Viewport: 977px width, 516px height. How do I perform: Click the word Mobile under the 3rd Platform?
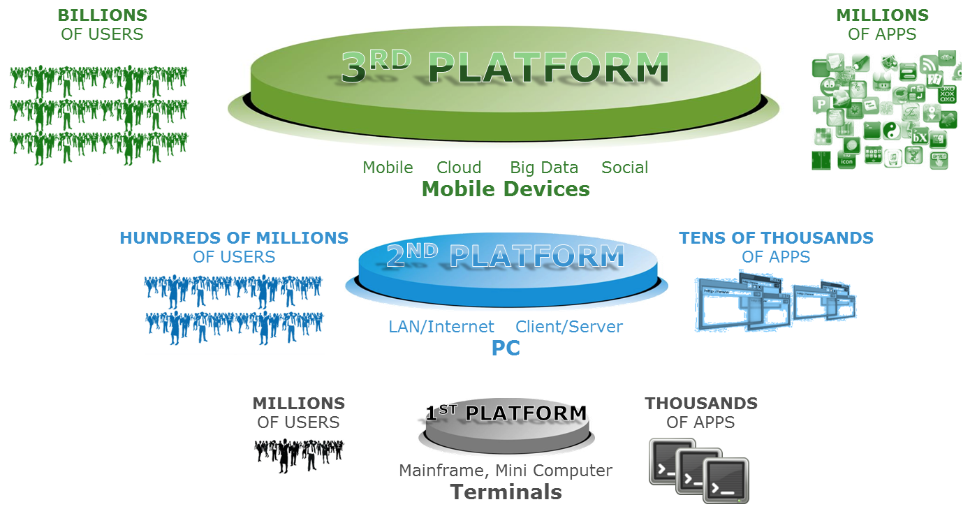[388, 168]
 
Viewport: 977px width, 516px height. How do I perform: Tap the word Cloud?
[459, 168]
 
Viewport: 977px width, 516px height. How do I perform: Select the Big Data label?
[544, 168]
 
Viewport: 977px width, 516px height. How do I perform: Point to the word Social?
[625, 168]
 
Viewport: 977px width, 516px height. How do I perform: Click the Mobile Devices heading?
[506, 189]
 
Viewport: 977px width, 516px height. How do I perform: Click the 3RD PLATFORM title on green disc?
[505, 68]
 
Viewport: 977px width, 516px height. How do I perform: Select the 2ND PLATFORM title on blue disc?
[504, 256]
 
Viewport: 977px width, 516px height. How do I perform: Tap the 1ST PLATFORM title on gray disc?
[506, 413]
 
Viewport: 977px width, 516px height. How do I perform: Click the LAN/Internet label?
[441, 327]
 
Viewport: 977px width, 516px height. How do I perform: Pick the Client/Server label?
[568, 327]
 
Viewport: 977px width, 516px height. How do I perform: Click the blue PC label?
[506, 348]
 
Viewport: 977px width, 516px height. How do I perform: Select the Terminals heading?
[506, 492]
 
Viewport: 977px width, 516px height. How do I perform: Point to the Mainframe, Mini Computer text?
[506, 471]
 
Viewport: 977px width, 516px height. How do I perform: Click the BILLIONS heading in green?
[102, 15]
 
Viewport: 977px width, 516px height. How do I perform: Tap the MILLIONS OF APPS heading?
[882, 24]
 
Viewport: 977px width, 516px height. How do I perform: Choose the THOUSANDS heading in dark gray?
[700, 404]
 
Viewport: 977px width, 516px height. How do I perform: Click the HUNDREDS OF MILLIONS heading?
[233, 238]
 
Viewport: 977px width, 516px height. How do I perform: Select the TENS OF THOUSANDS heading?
[775, 238]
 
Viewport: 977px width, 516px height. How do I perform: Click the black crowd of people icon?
[299, 454]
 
